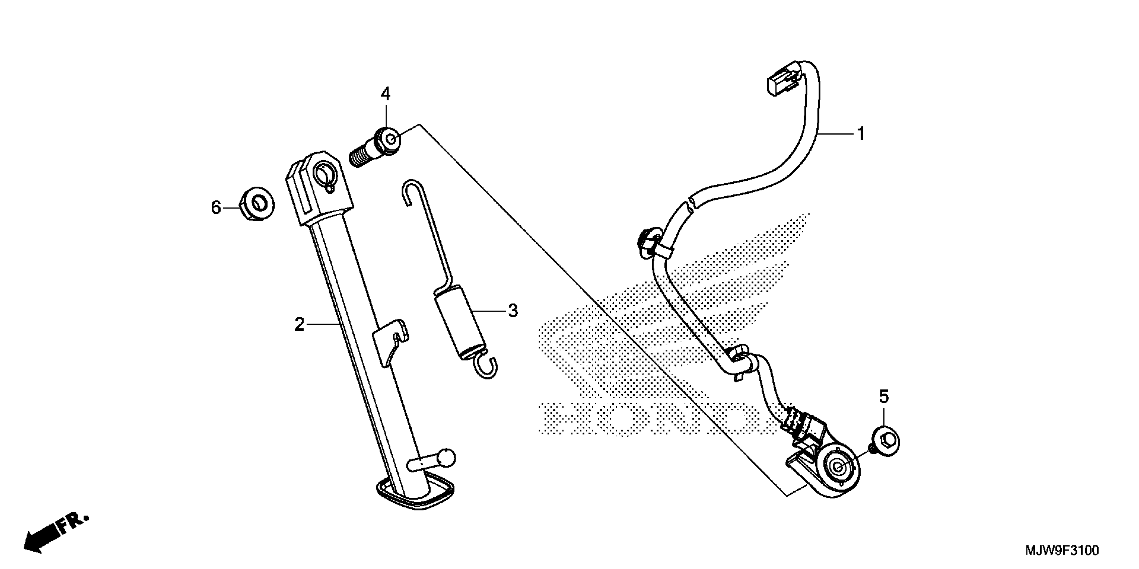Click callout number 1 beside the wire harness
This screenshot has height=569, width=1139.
(x=860, y=134)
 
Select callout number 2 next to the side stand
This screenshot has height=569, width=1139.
(x=299, y=325)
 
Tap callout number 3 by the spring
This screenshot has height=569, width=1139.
(x=513, y=311)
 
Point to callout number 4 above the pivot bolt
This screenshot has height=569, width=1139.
(x=386, y=94)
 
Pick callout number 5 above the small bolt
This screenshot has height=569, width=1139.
(x=883, y=397)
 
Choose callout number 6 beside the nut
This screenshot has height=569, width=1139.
(x=216, y=207)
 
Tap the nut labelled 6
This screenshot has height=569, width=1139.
(x=257, y=205)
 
